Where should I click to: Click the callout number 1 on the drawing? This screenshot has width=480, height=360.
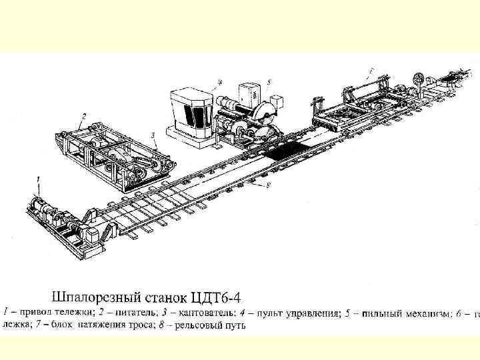coord(39,179)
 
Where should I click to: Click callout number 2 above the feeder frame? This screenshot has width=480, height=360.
coord(84,117)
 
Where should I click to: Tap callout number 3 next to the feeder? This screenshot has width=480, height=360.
coord(153,135)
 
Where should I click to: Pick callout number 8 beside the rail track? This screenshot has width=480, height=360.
coord(267,186)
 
